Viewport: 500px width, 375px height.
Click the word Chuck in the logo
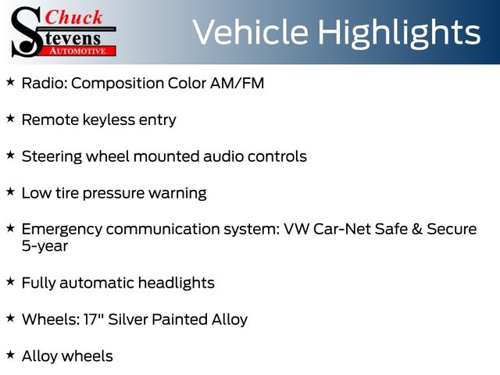(x=73, y=17)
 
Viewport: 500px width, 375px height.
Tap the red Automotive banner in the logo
(x=78, y=51)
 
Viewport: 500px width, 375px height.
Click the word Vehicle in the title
(x=251, y=32)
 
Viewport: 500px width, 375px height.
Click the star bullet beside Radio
(x=10, y=81)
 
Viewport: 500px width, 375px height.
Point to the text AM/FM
(x=237, y=84)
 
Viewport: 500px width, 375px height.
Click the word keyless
(x=109, y=120)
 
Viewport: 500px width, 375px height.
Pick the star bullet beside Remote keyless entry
(x=10, y=118)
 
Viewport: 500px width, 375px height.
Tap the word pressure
(x=113, y=194)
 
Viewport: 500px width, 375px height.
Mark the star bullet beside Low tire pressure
(x=10, y=191)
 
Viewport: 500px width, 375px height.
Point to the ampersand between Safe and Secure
(x=416, y=229)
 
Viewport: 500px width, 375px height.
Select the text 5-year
(x=45, y=247)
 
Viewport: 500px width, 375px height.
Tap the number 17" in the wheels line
(x=92, y=320)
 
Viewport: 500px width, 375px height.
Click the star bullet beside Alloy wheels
(x=10, y=354)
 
